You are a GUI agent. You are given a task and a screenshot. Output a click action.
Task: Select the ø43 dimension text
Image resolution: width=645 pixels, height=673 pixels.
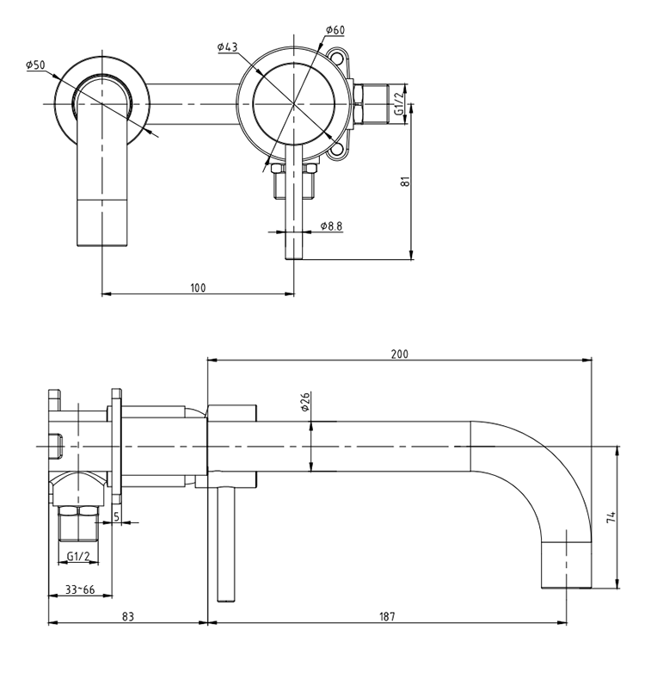point(228,46)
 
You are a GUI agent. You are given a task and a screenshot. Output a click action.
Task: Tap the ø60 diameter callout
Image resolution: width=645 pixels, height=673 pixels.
point(335,31)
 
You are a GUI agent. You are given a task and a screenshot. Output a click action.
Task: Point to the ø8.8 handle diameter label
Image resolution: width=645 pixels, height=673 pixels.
point(331,226)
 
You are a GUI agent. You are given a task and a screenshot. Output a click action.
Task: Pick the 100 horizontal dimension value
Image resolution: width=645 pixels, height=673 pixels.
point(199,287)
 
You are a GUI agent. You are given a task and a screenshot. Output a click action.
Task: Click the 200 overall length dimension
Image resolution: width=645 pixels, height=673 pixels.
point(400,354)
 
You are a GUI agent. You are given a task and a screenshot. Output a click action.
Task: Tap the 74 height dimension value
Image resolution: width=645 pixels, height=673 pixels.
point(611,517)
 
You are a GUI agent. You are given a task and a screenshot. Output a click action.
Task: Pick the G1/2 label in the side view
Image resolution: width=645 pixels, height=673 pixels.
point(78,556)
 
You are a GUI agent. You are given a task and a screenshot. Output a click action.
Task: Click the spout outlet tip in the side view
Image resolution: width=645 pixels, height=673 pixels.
point(567,585)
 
